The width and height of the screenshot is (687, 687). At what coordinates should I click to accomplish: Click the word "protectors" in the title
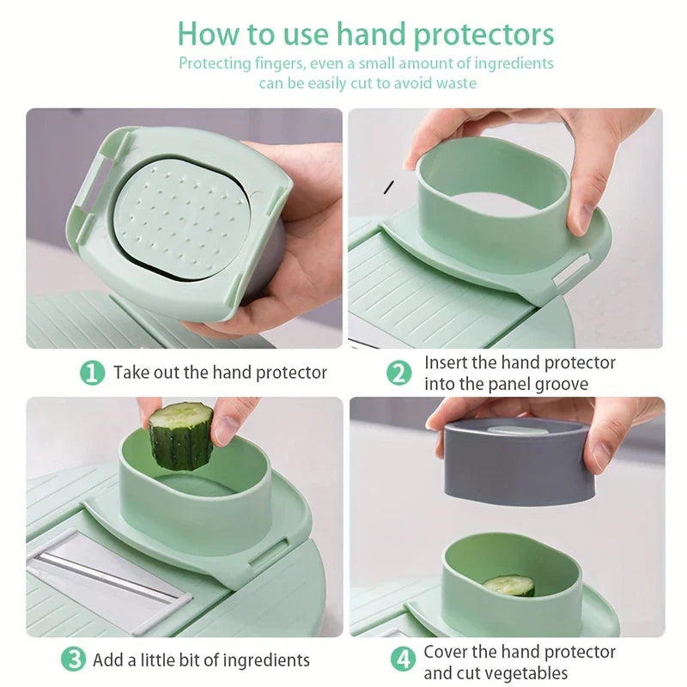point(483,35)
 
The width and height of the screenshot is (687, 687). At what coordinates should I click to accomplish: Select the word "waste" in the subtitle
point(456,82)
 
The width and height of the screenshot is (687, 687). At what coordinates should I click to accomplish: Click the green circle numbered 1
point(92,373)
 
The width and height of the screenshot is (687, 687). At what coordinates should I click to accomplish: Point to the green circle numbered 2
point(399,374)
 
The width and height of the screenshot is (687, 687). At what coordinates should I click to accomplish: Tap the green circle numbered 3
point(74,659)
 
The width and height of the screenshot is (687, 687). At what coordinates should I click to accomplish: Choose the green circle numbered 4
point(403,659)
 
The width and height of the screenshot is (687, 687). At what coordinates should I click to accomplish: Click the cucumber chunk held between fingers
point(181,435)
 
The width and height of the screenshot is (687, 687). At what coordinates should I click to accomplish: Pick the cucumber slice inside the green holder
point(509,586)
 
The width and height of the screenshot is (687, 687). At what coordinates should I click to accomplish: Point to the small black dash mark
point(389,187)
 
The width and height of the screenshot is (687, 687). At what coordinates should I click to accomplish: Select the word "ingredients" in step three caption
point(266,660)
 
